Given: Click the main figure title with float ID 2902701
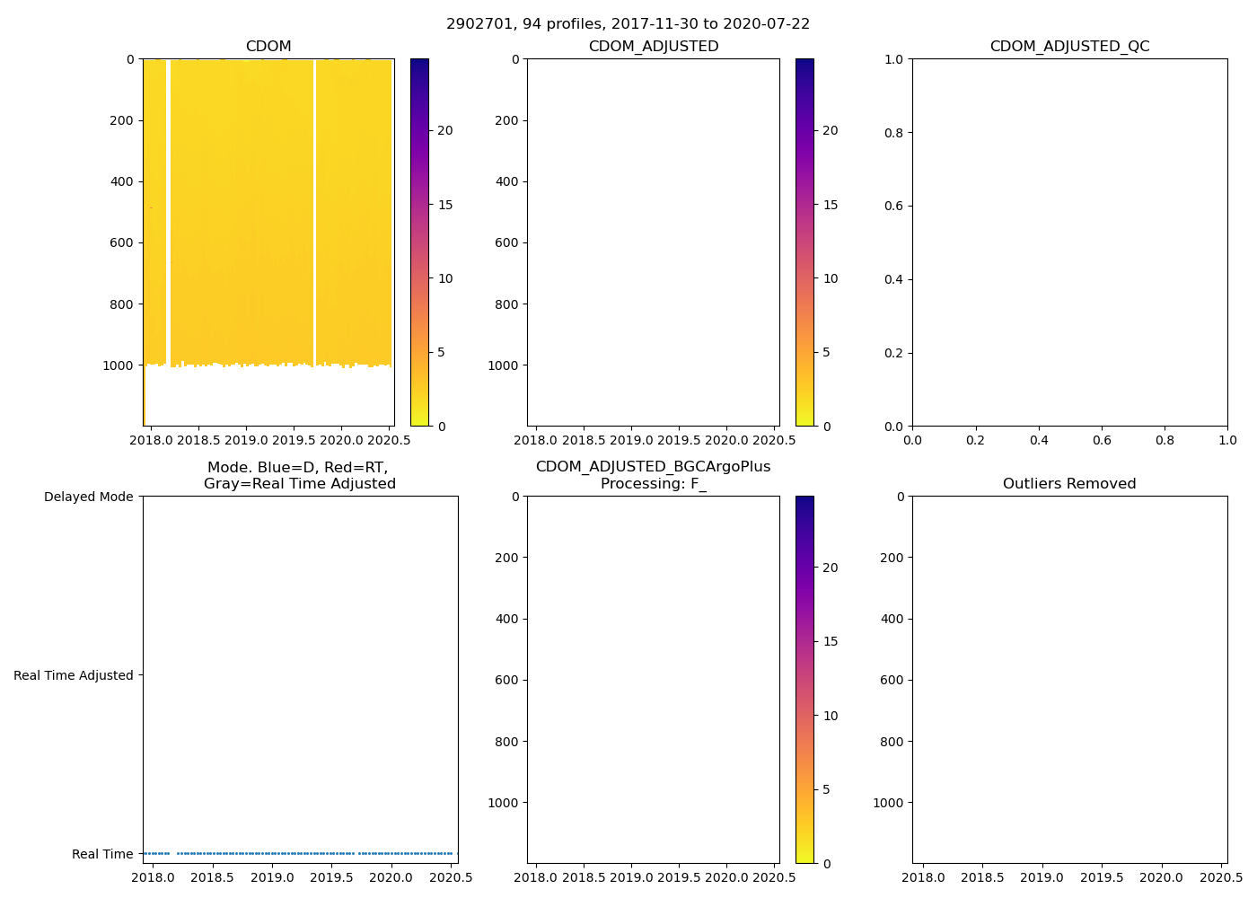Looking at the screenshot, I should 628,24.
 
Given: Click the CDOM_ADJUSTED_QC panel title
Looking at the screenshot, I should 1069,47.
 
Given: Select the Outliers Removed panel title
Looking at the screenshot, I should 1069,484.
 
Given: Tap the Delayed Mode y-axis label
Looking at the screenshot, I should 88,497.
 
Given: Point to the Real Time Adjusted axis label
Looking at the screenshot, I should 73,675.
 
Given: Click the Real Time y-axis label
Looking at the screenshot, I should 102,854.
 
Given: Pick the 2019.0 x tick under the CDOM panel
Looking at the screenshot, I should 246,441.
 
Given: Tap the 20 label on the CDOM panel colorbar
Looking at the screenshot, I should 444,130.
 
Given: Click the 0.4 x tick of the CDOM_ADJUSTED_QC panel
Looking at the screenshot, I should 1039,441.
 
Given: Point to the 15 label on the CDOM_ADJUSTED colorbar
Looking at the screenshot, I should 830,205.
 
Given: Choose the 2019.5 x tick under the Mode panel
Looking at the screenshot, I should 332,878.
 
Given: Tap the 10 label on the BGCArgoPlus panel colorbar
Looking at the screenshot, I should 830,716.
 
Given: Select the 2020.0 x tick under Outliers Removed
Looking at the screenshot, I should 1162,878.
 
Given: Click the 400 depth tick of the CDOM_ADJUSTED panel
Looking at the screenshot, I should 506,181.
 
